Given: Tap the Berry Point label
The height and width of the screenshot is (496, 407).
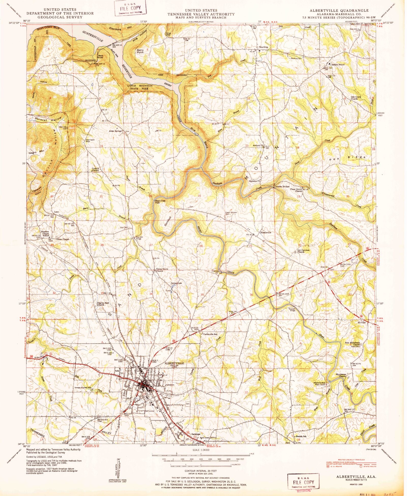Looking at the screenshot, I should click(140, 51).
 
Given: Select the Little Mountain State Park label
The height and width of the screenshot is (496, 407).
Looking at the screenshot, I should click(140, 87).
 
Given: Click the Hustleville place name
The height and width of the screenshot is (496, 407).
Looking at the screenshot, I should click(266, 232).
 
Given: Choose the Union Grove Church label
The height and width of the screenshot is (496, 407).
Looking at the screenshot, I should click(159, 270).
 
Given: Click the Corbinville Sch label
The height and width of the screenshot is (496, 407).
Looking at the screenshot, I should click(210, 334).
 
